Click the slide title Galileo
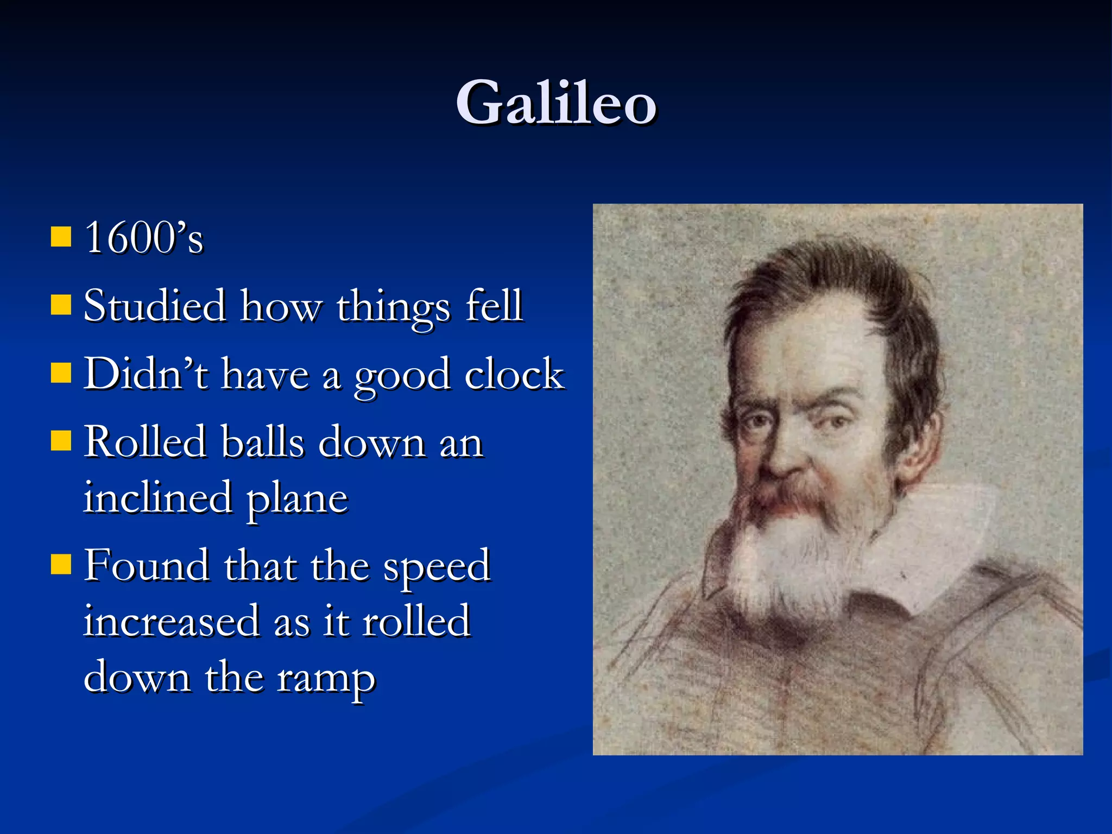pyautogui.click(x=556, y=103)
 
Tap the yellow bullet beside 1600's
pyautogui.click(x=61, y=237)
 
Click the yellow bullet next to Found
pyautogui.click(x=61, y=564)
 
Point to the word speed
pyautogui.click(x=437, y=567)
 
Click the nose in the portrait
pyautogui.click(x=782, y=456)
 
